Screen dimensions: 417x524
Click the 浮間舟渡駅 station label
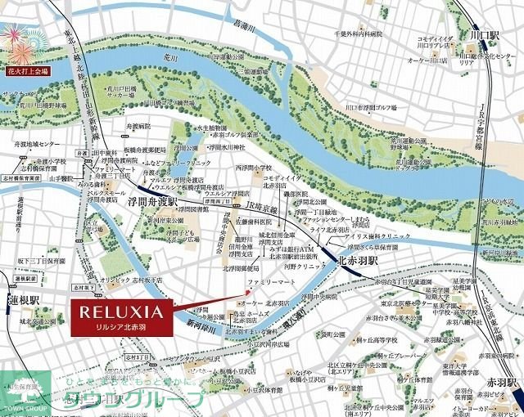point(151,198)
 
